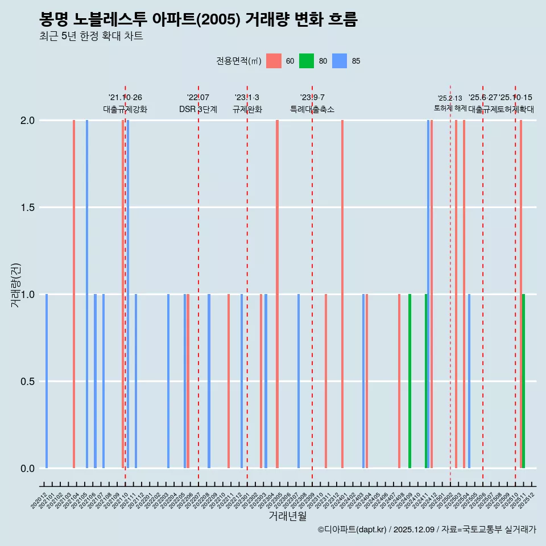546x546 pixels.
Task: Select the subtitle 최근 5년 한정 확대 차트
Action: [91, 36]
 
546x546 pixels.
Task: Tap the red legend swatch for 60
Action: [274, 61]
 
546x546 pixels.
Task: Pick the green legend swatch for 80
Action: [307, 61]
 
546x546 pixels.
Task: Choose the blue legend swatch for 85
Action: [340, 61]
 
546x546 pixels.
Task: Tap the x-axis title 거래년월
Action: [287, 516]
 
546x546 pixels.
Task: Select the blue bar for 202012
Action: [47, 381]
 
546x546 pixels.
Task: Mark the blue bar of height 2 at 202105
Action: [87, 294]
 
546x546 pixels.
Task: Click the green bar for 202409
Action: [409, 381]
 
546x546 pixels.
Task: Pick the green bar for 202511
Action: [523, 381]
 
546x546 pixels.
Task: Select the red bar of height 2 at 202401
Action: [342, 294]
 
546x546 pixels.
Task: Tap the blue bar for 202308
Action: [299, 381]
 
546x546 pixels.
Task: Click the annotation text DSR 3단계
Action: [198, 109]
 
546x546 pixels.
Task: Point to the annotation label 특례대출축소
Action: [312, 109]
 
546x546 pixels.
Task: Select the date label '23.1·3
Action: [247, 98]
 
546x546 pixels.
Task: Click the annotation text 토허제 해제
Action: [450, 108]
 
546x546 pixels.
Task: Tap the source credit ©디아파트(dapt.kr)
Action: [353, 530]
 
